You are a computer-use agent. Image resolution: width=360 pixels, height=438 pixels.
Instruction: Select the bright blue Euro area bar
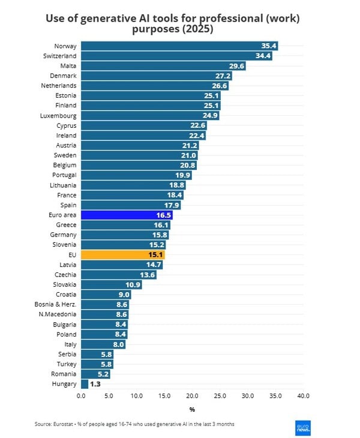coord(127,215)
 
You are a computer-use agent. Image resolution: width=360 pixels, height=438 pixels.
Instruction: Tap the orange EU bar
coord(122,254)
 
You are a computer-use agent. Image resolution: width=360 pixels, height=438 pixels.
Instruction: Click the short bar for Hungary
coord(85,384)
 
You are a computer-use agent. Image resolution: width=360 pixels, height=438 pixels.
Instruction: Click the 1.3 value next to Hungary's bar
coord(95,384)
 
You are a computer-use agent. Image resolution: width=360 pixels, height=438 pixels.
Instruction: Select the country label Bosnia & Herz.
coord(56,304)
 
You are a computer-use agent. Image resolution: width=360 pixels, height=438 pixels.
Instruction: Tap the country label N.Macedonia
coord(58,314)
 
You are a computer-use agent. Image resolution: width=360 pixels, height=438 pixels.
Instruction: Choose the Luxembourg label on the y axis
coord(58,115)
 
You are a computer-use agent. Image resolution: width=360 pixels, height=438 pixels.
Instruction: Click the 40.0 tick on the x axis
coord(303,397)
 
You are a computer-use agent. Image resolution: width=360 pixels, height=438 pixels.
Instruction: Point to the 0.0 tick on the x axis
coord(82,397)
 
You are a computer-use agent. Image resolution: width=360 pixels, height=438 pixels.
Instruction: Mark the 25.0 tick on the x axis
coord(220,397)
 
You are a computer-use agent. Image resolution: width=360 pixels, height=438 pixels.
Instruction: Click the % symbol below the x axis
coord(192,410)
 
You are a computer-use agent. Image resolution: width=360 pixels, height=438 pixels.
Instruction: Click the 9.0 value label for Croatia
coord(122,295)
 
